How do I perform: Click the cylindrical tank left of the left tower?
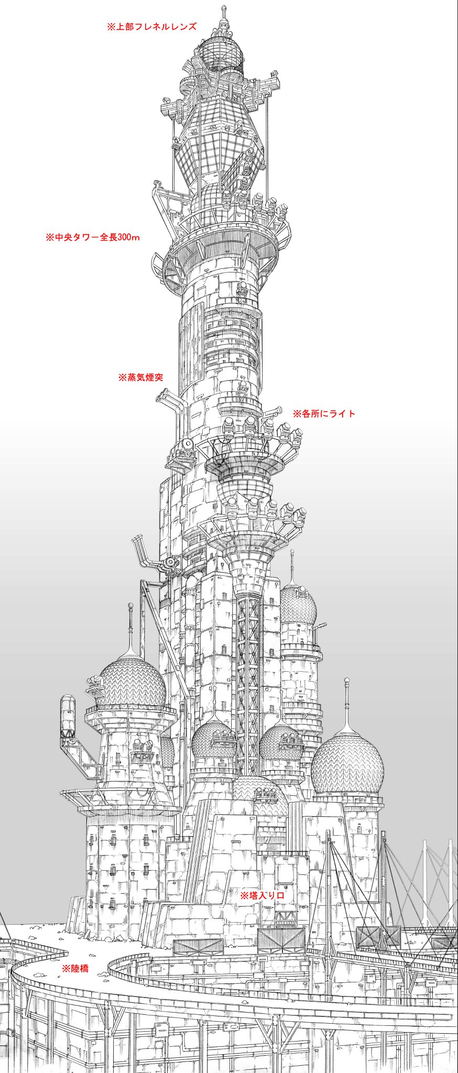pos(68,715)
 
